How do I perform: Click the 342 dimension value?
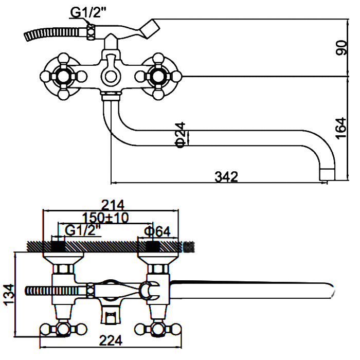click(x=226, y=176)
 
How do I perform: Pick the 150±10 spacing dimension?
click(x=105, y=217)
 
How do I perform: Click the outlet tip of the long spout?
click(x=326, y=174)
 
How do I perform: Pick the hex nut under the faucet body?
click(x=111, y=95)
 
